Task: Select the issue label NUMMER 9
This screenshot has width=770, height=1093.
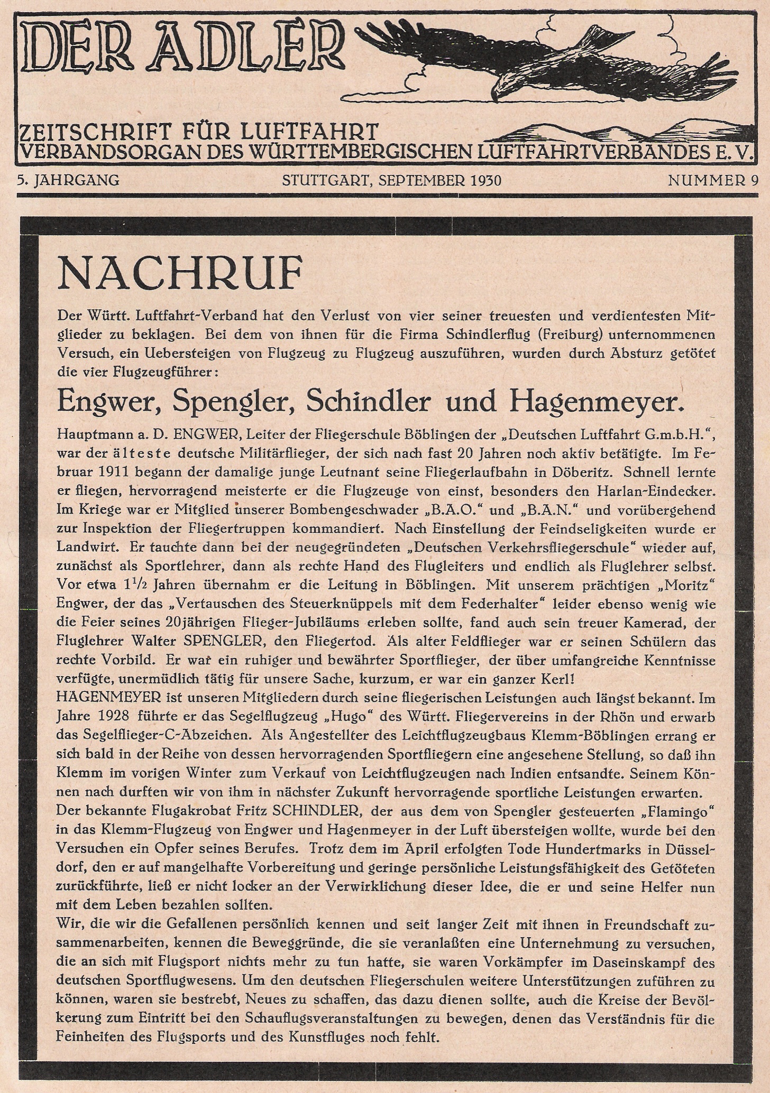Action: pos(713,181)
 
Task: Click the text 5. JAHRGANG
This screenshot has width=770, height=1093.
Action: pos(68,181)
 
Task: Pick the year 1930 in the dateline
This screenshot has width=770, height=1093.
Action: pos(485,181)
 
